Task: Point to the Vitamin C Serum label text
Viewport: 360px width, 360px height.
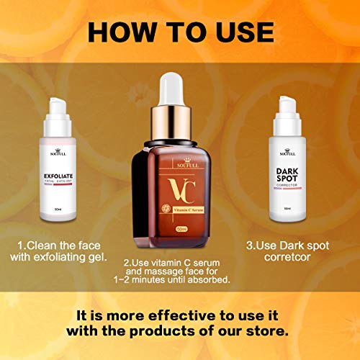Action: [184, 209]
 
